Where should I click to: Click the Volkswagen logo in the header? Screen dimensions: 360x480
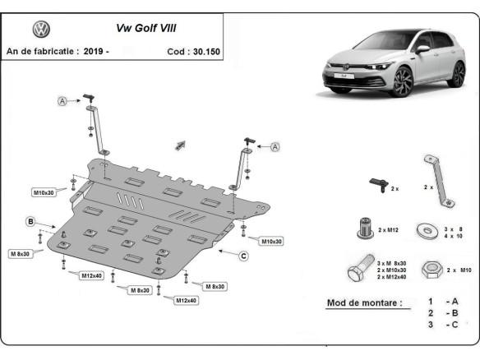pyautogui.click(x=40, y=30)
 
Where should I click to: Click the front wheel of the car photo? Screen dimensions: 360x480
pyautogui.click(x=407, y=81)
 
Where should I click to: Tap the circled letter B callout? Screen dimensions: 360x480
pyautogui.click(x=30, y=222)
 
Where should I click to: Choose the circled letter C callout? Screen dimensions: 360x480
pyautogui.click(x=243, y=256)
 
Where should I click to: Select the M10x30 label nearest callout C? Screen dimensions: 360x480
pyautogui.click(x=270, y=241)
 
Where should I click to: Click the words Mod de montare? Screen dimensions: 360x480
pyautogui.click(x=364, y=303)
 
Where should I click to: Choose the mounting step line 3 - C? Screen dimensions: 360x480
pyautogui.click(x=441, y=325)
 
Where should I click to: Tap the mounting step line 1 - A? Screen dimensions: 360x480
pyautogui.click(x=441, y=302)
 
